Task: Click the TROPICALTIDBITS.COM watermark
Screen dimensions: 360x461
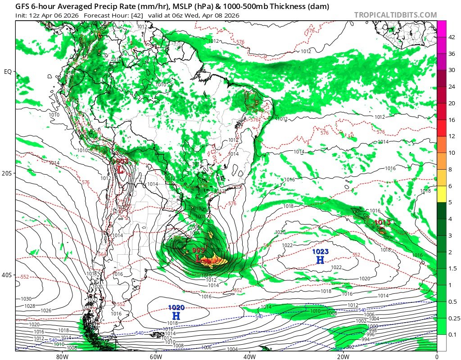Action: (395, 15)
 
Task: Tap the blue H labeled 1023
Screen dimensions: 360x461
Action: (320, 260)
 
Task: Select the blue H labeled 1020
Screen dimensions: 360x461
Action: (176, 316)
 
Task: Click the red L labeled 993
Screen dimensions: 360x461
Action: (199, 259)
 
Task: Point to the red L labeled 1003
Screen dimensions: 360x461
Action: (120, 170)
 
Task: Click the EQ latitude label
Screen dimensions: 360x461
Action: (8, 72)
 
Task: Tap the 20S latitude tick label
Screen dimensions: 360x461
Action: (8, 173)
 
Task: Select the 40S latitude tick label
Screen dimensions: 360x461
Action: (8, 275)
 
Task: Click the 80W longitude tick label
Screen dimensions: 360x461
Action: (62, 356)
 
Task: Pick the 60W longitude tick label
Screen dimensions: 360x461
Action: (156, 356)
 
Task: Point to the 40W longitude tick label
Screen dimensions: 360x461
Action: (249, 356)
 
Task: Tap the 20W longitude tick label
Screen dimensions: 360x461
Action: (343, 356)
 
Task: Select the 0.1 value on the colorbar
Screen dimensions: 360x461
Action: (452, 334)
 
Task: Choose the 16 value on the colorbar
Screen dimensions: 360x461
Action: (452, 120)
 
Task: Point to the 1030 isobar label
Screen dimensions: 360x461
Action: (26, 299)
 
